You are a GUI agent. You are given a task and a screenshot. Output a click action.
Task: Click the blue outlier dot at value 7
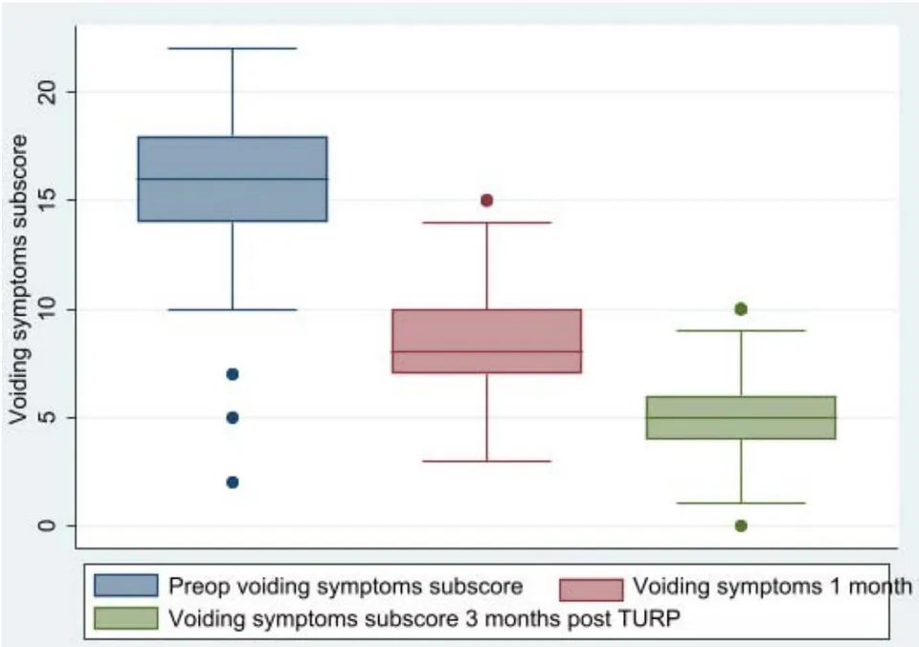[x=233, y=374]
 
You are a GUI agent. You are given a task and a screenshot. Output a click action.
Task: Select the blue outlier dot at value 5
[x=233, y=418]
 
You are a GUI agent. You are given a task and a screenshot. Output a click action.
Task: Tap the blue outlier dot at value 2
[x=233, y=482]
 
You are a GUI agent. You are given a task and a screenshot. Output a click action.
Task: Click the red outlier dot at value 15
[x=486, y=200]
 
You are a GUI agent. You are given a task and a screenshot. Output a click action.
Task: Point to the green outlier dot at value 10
[x=741, y=309]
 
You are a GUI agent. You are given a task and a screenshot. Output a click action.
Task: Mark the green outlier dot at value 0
[x=741, y=525]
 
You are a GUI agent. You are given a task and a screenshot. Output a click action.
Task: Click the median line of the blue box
[x=233, y=179]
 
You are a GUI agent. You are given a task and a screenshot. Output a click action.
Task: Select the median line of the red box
[x=486, y=351]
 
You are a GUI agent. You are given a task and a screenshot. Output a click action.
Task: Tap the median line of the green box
[x=741, y=418]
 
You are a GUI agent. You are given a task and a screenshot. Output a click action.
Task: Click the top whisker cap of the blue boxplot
[x=233, y=49]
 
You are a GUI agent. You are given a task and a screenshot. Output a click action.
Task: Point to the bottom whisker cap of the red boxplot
[x=486, y=461]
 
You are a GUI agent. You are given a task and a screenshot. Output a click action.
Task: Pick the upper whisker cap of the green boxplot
[x=741, y=330]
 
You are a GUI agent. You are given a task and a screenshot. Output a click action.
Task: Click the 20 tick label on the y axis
[x=46, y=92]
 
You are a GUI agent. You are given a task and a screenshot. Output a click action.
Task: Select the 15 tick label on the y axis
[x=46, y=200]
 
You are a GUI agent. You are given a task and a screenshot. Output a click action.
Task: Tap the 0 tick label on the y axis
[x=46, y=525]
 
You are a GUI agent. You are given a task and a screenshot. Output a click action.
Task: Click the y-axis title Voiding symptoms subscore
[x=18, y=279]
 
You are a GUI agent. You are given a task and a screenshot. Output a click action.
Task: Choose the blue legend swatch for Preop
[x=126, y=586]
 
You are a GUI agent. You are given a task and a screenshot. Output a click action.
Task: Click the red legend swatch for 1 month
[x=592, y=590]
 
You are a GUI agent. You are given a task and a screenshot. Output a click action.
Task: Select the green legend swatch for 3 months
[x=126, y=618]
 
